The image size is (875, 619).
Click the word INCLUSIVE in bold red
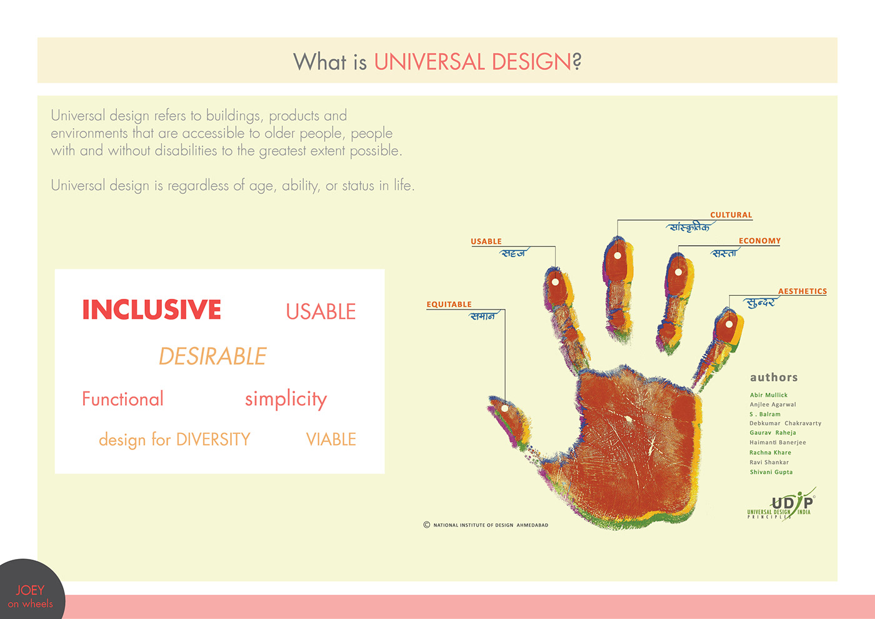point(151,309)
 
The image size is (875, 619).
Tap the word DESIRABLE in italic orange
point(212,356)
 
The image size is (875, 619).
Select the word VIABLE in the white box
point(331,439)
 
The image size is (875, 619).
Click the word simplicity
point(286,399)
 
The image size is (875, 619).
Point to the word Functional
point(122,399)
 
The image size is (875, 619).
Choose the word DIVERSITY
point(213,440)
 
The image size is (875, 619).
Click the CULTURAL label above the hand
point(731,215)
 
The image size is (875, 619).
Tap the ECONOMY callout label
point(759,241)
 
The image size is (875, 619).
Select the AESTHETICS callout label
point(802,291)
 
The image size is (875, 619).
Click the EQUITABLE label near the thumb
point(449,304)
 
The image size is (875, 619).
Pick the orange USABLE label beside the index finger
point(486,241)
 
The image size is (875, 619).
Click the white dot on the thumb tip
point(504,408)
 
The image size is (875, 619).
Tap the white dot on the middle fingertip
point(617,256)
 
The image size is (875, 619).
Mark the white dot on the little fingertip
point(729,324)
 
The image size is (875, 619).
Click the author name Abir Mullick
point(768,395)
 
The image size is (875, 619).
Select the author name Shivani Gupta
point(771,472)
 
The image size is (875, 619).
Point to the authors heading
point(774,378)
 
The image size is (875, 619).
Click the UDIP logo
point(781,505)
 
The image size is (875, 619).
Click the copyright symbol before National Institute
point(426,525)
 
